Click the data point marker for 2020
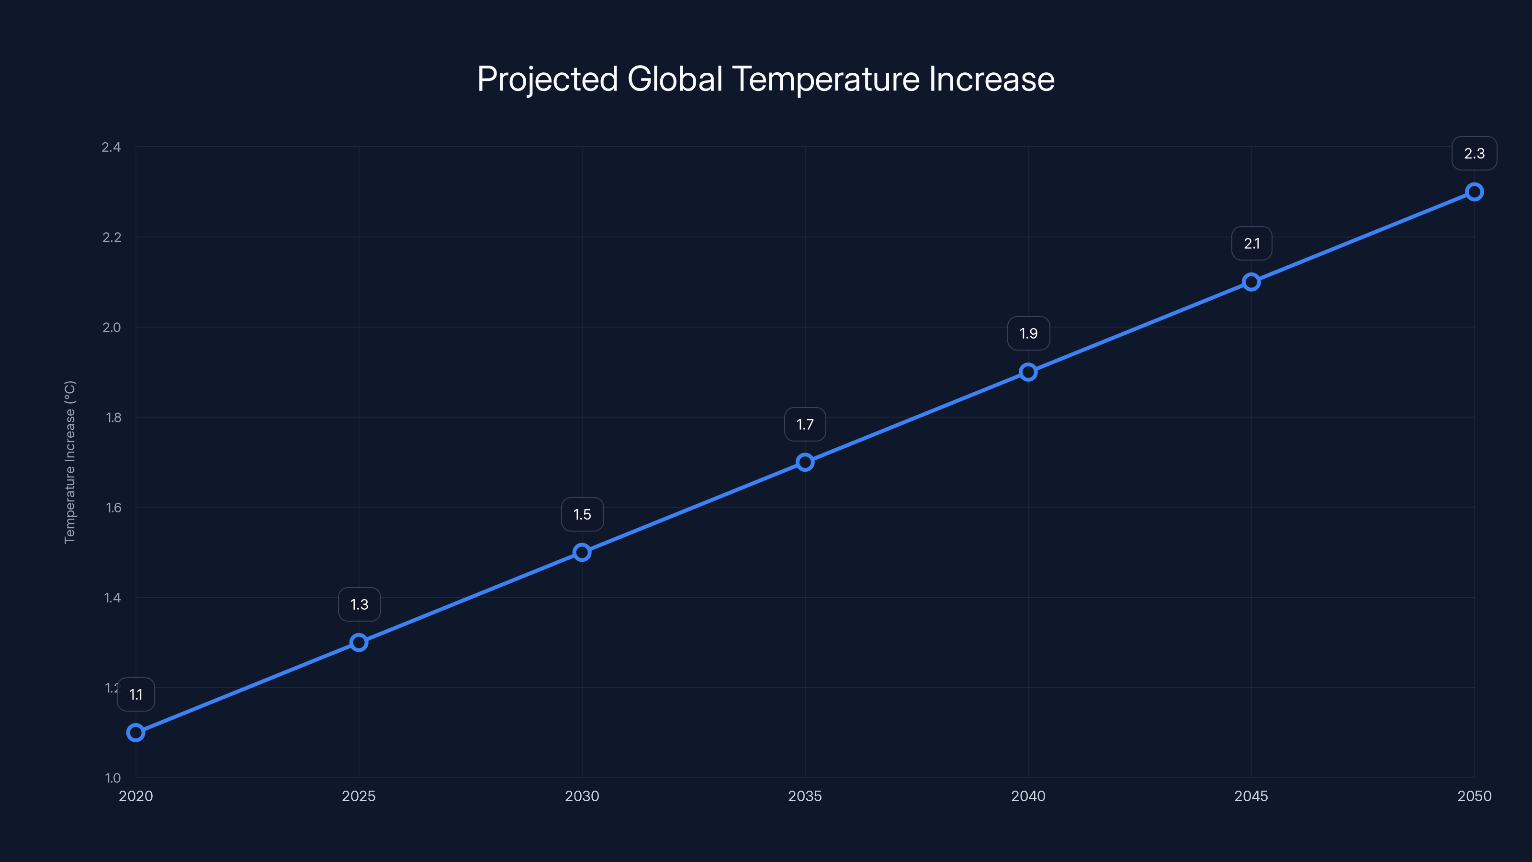click(x=135, y=732)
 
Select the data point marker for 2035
click(x=805, y=462)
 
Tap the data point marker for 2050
click(x=1474, y=192)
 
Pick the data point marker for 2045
click(x=1250, y=282)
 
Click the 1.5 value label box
click(x=582, y=515)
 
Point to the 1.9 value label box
click(x=1028, y=334)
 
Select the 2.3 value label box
click(x=1474, y=153)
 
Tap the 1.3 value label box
click(x=359, y=604)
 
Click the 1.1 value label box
click(x=135, y=694)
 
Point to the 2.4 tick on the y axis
click(x=111, y=147)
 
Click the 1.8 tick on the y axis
click(x=113, y=418)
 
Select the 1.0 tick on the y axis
click(x=113, y=778)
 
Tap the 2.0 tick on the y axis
click(x=111, y=327)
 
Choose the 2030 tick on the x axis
click(x=582, y=796)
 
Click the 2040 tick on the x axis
click(x=1028, y=796)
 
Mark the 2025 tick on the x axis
click(x=359, y=796)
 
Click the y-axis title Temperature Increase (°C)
click(x=69, y=462)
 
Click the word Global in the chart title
click(x=675, y=79)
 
